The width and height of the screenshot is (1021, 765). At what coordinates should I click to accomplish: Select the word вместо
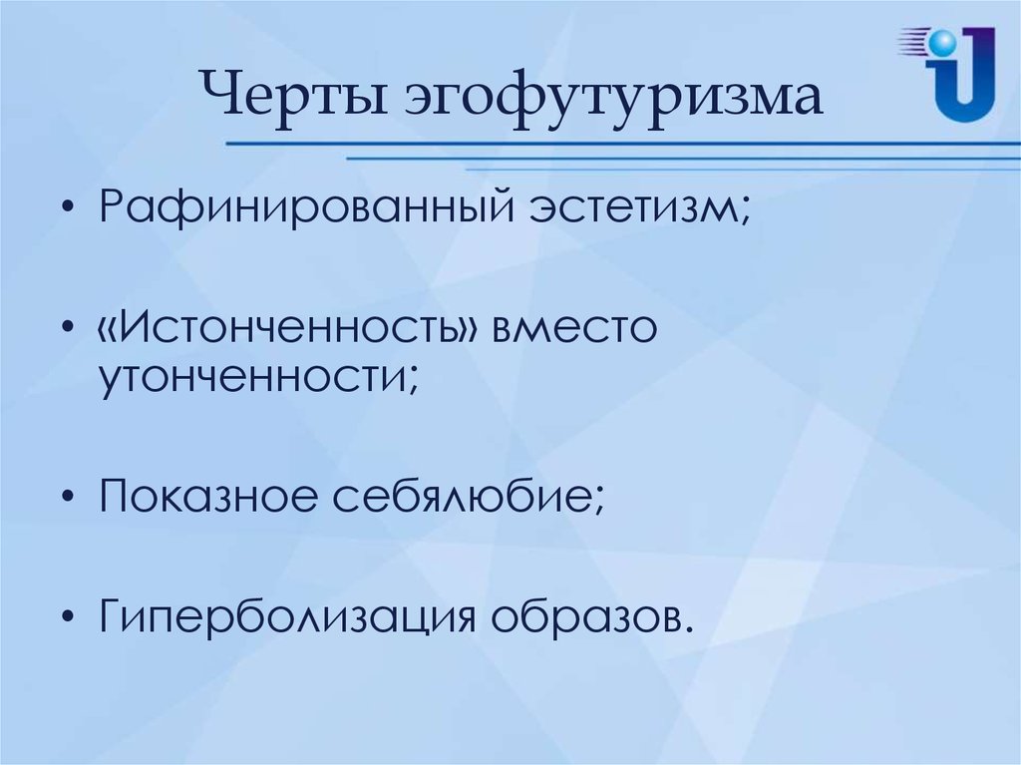574,328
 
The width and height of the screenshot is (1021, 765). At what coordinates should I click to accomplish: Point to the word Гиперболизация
287,615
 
